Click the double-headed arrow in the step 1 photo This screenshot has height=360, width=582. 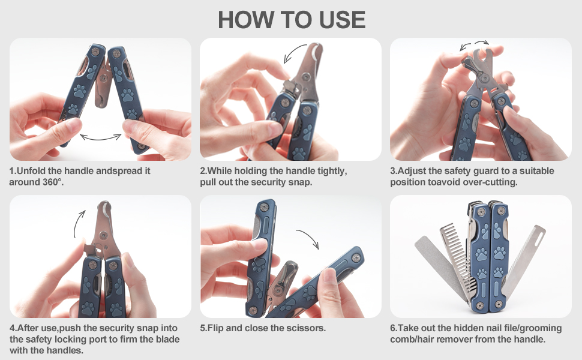click(101, 138)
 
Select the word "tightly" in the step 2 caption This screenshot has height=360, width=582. click(331, 172)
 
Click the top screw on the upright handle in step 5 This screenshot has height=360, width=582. click(264, 208)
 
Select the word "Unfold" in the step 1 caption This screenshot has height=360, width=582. click(31, 171)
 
